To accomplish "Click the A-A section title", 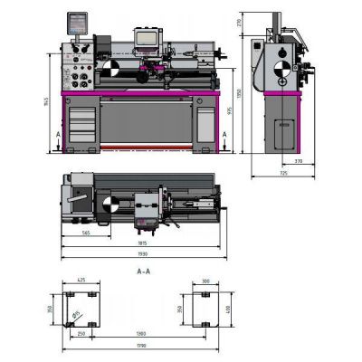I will tap(142, 271).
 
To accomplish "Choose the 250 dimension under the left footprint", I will tap(82, 334).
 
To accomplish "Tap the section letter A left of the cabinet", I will tap(59, 134).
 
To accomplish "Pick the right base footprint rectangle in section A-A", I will tap(205, 308).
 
